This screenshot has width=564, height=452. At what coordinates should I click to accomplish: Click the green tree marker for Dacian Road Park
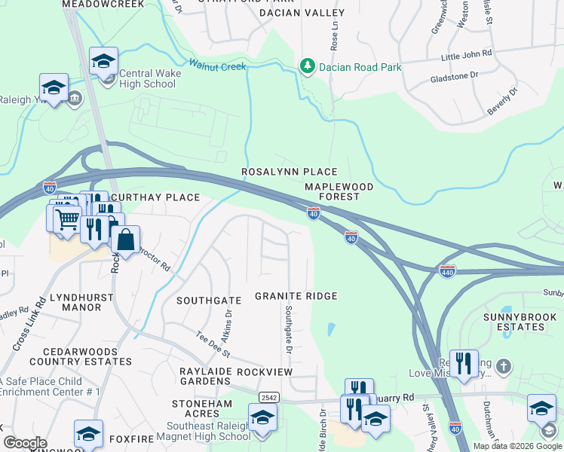click(x=307, y=67)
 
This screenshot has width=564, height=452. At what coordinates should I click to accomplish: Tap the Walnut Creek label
click(x=218, y=66)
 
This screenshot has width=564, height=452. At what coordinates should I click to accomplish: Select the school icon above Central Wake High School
click(x=103, y=61)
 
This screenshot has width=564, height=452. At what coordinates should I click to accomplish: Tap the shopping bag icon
click(x=125, y=240)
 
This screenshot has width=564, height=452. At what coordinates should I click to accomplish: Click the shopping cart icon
click(x=67, y=219)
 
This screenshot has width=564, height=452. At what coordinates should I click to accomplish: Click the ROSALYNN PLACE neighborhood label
click(x=289, y=173)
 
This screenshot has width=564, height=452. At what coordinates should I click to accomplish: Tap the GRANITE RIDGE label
click(x=295, y=297)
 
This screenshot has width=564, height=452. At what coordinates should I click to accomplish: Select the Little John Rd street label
click(x=466, y=54)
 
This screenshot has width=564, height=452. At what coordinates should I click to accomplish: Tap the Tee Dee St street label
click(x=213, y=345)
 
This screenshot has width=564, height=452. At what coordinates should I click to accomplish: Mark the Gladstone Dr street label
click(x=454, y=76)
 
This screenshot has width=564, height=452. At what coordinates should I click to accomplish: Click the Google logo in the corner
click(x=25, y=443)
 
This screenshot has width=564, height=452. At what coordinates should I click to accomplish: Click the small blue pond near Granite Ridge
click(x=332, y=330)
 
